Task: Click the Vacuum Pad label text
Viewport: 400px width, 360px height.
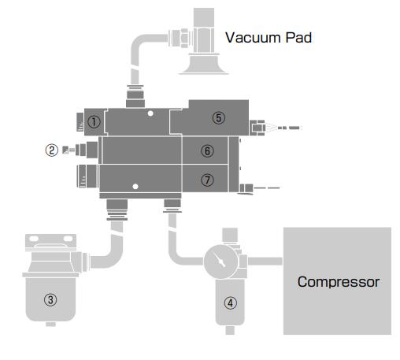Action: tap(269, 38)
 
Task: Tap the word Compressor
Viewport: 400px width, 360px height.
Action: tap(339, 282)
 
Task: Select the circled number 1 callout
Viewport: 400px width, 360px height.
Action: tap(94, 122)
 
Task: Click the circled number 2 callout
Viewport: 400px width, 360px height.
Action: tap(52, 150)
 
